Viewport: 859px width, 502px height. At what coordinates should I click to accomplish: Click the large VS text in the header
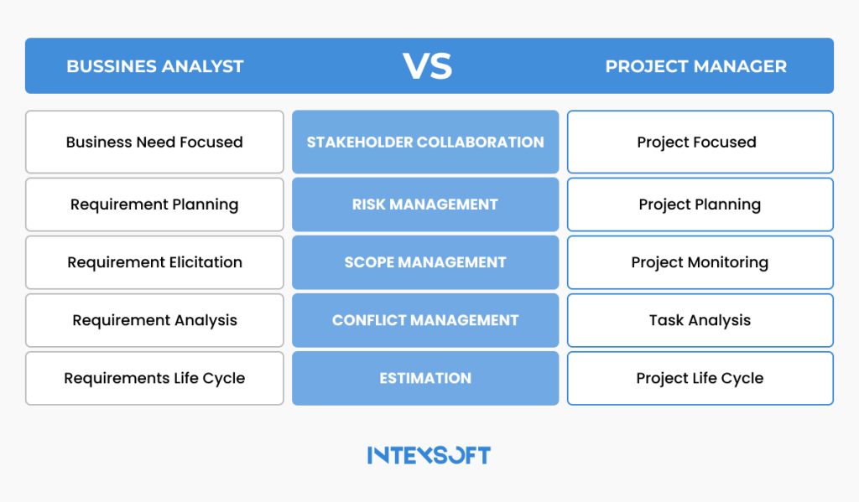click(428, 66)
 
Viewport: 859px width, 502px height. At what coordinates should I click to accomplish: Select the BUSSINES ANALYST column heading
click(155, 66)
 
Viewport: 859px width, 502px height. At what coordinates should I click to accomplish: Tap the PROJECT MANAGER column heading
click(696, 66)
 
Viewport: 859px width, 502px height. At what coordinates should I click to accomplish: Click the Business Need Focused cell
click(154, 142)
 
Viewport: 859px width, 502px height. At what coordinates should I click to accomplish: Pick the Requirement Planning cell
click(154, 204)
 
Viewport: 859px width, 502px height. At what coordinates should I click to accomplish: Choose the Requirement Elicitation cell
click(154, 262)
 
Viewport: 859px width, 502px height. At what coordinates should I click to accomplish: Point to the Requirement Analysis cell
click(154, 320)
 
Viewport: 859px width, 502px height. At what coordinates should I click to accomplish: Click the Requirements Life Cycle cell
click(154, 378)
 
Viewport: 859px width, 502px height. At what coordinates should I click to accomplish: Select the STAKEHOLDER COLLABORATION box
click(425, 142)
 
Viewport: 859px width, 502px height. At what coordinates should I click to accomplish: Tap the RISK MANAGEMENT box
click(425, 204)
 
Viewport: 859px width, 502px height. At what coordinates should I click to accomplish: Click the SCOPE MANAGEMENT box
click(425, 262)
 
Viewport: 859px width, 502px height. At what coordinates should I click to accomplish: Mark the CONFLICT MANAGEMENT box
click(425, 320)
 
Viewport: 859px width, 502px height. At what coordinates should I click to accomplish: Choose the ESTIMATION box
click(425, 378)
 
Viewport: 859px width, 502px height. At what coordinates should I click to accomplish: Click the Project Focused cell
click(700, 142)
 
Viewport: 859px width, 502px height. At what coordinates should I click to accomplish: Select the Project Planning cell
click(700, 204)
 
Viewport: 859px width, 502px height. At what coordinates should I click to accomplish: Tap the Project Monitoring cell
click(700, 262)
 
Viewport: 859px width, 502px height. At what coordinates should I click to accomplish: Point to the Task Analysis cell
click(700, 320)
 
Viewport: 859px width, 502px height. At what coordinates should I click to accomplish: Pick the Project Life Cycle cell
click(700, 378)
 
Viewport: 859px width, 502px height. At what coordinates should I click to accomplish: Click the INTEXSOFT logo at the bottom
click(429, 455)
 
